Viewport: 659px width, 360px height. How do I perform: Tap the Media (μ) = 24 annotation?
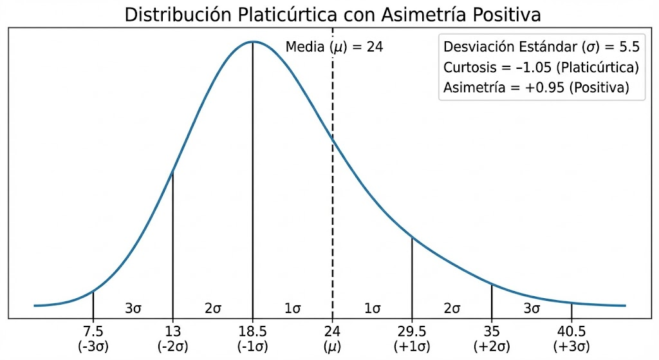[334, 47]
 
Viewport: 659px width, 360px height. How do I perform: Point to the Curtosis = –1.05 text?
[541, 68]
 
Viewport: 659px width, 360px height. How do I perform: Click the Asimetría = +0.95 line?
[535, 88]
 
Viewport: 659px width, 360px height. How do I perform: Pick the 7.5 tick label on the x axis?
[93, 332]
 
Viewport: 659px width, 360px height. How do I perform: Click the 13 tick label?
[172, 332]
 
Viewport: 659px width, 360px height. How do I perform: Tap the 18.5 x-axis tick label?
[252, 332]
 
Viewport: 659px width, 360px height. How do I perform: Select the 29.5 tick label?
[412, 332]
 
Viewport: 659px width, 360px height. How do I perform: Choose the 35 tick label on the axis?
[492, 332]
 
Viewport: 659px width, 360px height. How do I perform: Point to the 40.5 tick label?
[571, 332]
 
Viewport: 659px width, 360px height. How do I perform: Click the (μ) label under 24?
[332, 346]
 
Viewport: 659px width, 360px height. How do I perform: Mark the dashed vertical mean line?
[333, 193]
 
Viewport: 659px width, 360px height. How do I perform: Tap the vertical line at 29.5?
[412, 277]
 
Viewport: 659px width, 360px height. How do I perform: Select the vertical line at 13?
[172, 245]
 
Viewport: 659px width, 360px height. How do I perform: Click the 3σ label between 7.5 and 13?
[133, 308]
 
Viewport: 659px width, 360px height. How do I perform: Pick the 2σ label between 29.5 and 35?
[452, 308]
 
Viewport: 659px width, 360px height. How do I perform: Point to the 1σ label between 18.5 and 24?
[293, 308]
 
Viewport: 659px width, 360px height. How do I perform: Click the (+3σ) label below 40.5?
[571, 346]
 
